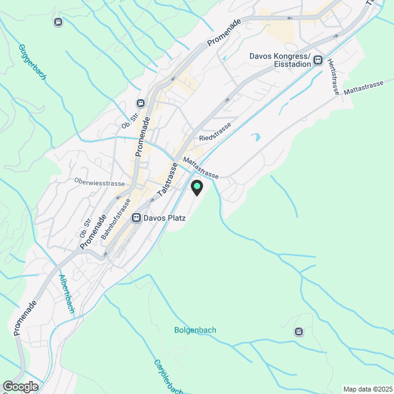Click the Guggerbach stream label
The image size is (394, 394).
(x=32, y=62)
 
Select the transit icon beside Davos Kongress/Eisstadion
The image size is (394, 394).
(x=318, y=60)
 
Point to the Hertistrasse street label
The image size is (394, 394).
(x=334, y=77)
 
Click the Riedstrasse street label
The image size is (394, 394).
(x=215, y=131)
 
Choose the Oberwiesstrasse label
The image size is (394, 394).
(x=99, y=183)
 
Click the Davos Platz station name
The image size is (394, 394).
(x=164, y=217)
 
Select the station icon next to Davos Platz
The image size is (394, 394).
(x=136, y=217)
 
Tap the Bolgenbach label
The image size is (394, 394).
(x=195, y=330)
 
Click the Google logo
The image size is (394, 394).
(x=20, y=387)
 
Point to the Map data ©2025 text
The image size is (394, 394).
(x=367, y=389)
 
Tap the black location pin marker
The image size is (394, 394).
(x=197, y=188)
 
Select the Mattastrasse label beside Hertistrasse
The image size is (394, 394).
(x=364, y=87)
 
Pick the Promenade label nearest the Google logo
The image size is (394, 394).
(x=25, y=318)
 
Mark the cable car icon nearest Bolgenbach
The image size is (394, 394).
(x=299, y=332)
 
